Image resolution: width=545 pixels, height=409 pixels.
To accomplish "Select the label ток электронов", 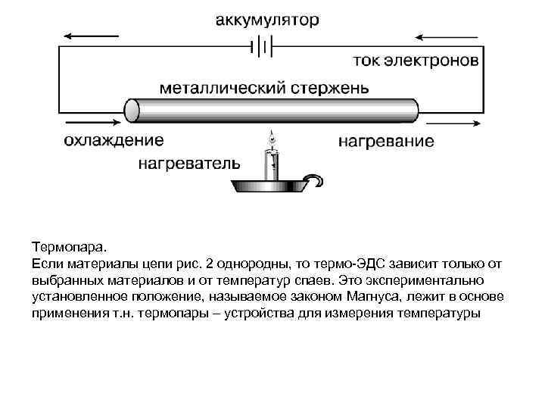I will coord(415,61).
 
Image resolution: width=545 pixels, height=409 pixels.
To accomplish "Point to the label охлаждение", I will coord(113,140).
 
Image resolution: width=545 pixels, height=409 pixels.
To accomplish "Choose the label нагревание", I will coord(386,141).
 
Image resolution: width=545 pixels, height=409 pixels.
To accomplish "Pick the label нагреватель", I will coord(190,163).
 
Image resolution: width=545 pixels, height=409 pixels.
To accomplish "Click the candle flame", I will coord(272,138).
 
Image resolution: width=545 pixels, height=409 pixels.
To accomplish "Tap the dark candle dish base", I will coord(271,186).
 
